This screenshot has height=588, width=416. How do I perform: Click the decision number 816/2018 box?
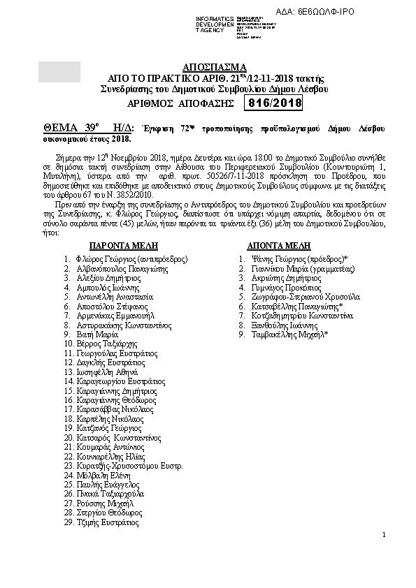(273, 103)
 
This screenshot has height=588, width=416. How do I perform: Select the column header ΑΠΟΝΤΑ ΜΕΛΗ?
(279, 247)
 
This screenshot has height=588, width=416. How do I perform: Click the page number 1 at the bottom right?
(384, 535)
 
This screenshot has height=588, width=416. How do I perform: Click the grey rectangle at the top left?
(59, 73)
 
